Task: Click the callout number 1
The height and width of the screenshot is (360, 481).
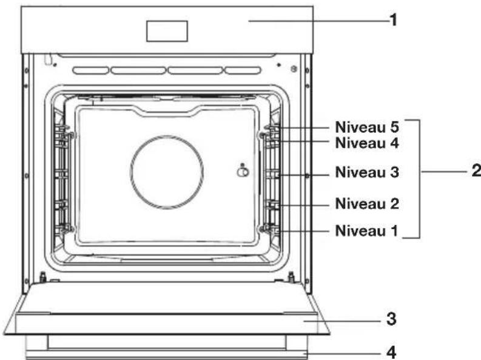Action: tap(394, 20)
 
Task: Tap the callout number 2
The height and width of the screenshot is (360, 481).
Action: tap(476, 171)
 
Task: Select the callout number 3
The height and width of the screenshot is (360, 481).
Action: tap(391, 319)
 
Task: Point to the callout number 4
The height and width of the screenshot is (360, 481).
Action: tap(391, 353)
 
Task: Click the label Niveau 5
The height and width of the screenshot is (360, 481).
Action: tap(367, 127)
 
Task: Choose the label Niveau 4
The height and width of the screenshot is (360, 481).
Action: tap(367, 143)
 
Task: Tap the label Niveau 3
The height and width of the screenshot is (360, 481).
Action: tap(367, 172)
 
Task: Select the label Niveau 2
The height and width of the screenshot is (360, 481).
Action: tap(367, 204)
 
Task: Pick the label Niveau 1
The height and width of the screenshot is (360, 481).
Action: tap(366, 231)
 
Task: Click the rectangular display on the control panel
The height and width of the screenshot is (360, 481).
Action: tap(167, 31)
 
